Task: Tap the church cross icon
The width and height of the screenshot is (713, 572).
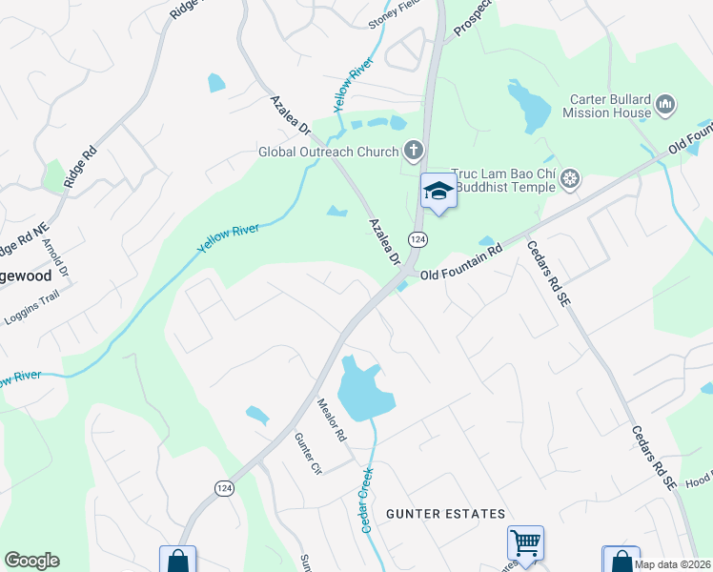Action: pyautogui.click(x=413, y=150)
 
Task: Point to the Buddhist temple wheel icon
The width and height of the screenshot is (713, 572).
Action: pyautogui.click(x=570, y=178)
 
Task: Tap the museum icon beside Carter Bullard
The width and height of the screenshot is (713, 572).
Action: pyautogui.click(x=666, y=104)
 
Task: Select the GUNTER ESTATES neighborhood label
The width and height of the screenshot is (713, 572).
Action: pyautogui.click(x=445, y=514)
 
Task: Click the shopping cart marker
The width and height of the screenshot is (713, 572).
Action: pyautogui.click(x=525, y=543)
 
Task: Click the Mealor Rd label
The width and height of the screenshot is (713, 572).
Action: pyautogui.click(x=333, y=420)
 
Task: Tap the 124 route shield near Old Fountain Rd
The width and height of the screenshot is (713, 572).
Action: pyautogui.click(x=417, y=237)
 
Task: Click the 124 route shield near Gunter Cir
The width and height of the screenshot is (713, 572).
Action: pyautogui.click(x=224, y=488)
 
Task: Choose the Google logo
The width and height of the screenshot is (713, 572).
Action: pyautogui.click(x=31, y=561)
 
